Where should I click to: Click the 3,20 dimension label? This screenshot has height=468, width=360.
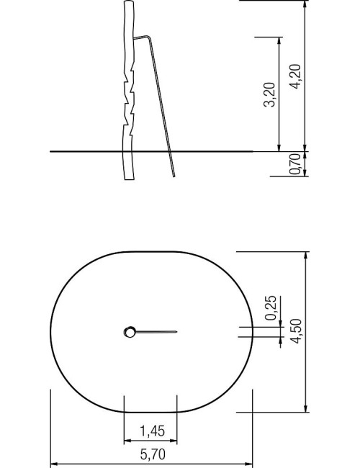click(269, 94)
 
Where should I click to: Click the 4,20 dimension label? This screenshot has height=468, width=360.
click(295, 76)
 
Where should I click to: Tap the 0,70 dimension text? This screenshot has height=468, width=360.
click(294, 164)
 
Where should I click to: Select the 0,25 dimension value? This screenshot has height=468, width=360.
click(271, 307)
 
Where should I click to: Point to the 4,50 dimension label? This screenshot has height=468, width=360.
click(297, 331)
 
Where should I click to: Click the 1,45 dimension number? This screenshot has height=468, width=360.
click(152, 431)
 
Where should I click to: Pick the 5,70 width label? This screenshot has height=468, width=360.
click(153, 454)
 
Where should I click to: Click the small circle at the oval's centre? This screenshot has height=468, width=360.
click(130, 332)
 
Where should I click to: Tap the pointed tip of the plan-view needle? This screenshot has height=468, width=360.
click(177, 332)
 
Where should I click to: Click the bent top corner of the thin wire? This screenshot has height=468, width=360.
click(148, 37)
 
